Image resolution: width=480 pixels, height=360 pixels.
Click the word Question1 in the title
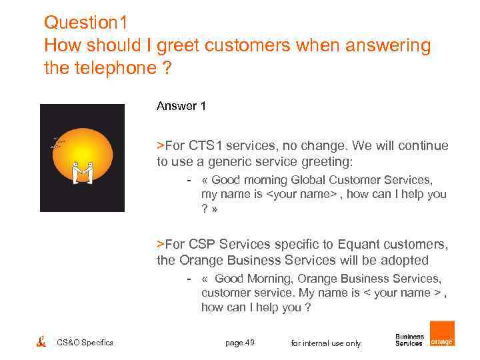pyautogui.click(x=85, y=23)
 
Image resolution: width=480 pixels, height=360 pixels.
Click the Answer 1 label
pyautogui.click(x=177, y=106)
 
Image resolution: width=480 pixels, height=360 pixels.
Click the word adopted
pyautogui.click(x=405, y=260)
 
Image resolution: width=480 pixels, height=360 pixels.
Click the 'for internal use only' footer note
pyautogui.click(x=326, y=343)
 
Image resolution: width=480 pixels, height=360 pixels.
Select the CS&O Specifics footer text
pyautogui.click(x=85, y=343)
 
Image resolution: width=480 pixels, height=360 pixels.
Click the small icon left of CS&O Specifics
pyautogui.click(x=41, y=342)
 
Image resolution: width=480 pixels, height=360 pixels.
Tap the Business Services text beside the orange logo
pyautogui.click(x=409, y=340)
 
